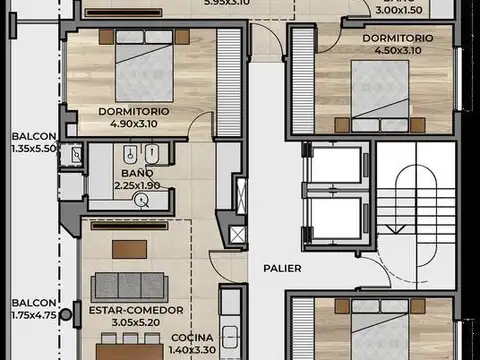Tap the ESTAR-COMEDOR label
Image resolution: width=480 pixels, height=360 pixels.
pyautogui.click(x=126, y=310)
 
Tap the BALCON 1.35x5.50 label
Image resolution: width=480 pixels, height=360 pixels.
pyautogui.click(x=31, y=141)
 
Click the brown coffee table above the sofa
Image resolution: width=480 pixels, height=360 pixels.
pyautogui.click(x=127, y=247)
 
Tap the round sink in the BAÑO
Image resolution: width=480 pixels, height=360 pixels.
pyautogui.click(x=142, y=200)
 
